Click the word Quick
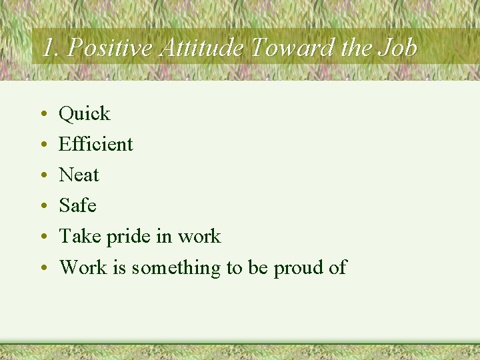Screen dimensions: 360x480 [85, 114]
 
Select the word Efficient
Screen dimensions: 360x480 [96, 144]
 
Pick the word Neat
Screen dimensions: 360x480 [79, 175]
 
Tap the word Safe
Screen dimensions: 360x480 [77, 205]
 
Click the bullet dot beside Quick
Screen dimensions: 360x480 [42, 115]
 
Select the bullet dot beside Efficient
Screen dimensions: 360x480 [42, 145]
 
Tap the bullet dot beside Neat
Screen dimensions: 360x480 [42, 176]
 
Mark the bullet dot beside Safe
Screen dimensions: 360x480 [42, 207]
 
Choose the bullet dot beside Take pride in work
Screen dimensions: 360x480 [42, 237]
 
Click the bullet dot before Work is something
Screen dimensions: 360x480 [42, 268]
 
